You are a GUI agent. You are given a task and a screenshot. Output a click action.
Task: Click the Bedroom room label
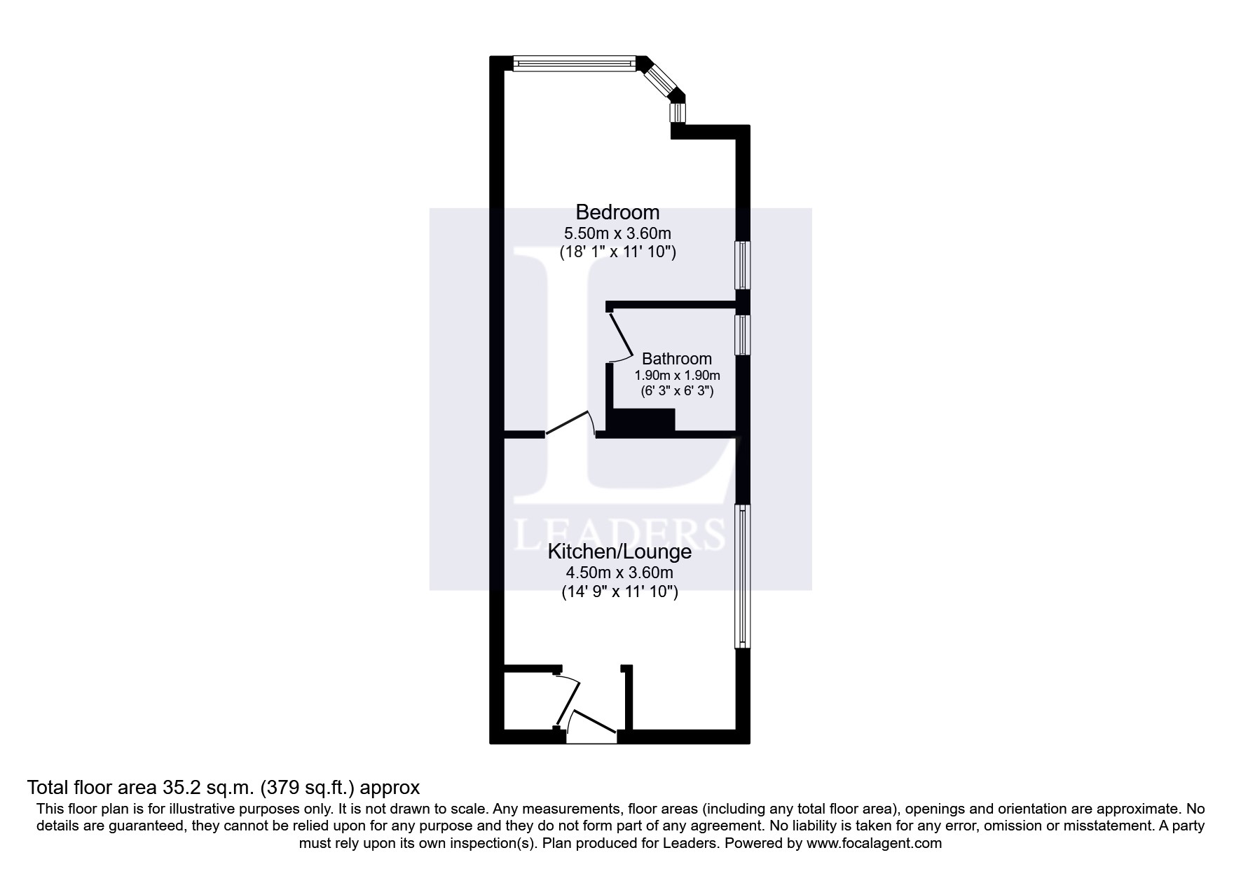point(617,212)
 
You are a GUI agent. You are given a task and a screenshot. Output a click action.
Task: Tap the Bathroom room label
point(676,359)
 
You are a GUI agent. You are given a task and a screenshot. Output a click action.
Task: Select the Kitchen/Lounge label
point(619,552)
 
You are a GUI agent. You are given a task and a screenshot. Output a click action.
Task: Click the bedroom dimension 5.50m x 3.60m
point(617,233)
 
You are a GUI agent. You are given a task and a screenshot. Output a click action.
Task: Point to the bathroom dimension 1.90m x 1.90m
point(677,376)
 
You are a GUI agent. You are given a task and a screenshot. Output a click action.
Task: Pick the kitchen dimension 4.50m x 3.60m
point(619,573)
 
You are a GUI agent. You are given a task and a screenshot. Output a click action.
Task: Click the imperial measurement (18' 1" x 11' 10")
point(617,252)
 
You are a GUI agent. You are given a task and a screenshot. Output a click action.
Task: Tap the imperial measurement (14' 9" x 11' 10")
point(619,592)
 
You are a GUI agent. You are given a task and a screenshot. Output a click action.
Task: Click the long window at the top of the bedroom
point(575,64)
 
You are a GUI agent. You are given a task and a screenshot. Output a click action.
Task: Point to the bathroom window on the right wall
point(742,335)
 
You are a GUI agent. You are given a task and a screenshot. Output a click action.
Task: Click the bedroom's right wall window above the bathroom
point(742,265)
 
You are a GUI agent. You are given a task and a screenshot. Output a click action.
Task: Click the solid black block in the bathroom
point(643,421)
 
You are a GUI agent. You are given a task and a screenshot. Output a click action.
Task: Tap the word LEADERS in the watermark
point(619,533)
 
